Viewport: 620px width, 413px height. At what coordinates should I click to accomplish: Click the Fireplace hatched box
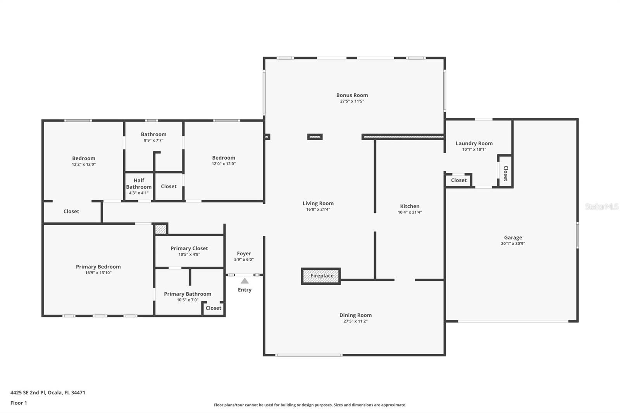pos(321,276)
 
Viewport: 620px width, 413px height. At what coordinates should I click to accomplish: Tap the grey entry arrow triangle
pos(245,281)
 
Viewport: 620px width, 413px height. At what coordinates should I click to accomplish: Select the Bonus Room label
pos(352,95)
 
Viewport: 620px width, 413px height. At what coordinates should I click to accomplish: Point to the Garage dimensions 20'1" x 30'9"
pos(513,244)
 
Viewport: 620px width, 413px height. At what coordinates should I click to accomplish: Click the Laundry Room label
pos(474,143)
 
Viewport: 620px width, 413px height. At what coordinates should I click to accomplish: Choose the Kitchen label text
pos(410,206)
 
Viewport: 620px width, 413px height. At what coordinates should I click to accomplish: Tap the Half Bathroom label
pos(139,184)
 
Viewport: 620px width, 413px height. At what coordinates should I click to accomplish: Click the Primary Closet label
pos(189,249)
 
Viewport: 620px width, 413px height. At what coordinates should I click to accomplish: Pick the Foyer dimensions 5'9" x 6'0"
pos(244,260)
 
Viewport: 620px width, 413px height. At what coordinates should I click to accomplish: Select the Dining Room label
pos(355,315)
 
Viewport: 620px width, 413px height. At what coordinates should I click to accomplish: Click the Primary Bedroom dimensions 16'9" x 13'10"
pos(98,273)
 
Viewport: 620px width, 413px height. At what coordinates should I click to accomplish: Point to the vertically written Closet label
pos(506,173)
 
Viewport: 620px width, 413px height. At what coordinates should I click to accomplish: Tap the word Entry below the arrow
pos(245,290)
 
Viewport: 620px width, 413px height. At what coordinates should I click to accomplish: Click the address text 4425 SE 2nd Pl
pos(28,392)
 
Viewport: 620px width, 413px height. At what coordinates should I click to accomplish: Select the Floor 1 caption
pos(19,403)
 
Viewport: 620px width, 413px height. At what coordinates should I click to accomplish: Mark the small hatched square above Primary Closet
pos(160,229)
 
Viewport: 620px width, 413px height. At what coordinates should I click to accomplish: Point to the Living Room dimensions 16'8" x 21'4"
pos(318,210)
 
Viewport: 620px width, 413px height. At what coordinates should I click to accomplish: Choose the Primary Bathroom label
pos(188,294)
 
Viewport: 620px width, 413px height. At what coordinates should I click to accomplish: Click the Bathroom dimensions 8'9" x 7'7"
pos(153,140)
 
